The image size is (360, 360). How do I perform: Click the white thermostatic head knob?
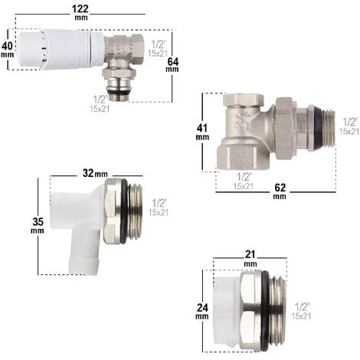point(61,49)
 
